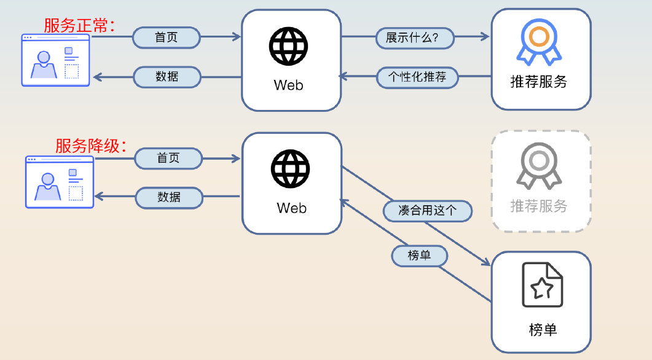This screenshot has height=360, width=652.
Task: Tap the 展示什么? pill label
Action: click(x=415, y=37)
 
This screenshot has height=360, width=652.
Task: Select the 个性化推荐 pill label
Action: click(x=417, y=77)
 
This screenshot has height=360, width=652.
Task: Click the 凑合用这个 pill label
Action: click(x=428, y=211)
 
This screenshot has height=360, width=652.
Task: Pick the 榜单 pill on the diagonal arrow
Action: click(x=420, y=255)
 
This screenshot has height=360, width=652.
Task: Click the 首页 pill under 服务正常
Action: click(x=167, y=37)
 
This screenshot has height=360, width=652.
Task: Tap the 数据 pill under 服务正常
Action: click(x=167, y=77)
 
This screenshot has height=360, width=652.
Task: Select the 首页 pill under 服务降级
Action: click(x=168, y=158)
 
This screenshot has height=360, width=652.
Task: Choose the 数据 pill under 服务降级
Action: click(x=169, y=197)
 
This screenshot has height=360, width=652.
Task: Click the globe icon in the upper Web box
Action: click(x=288, y=45)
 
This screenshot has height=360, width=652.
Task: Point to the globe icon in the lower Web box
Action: click(x=291, y=169)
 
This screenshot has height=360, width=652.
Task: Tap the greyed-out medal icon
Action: click(x=539, y=166)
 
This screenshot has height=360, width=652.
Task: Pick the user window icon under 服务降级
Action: click(x=60, y=182)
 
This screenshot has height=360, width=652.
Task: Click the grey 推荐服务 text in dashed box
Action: click(x=539, y=206)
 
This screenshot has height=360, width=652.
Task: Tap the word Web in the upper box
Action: click(x=289, y=85)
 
